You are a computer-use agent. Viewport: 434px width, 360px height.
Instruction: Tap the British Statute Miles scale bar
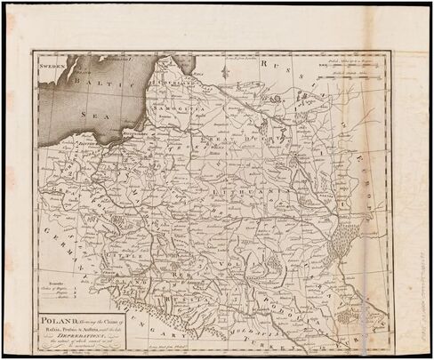tap(357, 85)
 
